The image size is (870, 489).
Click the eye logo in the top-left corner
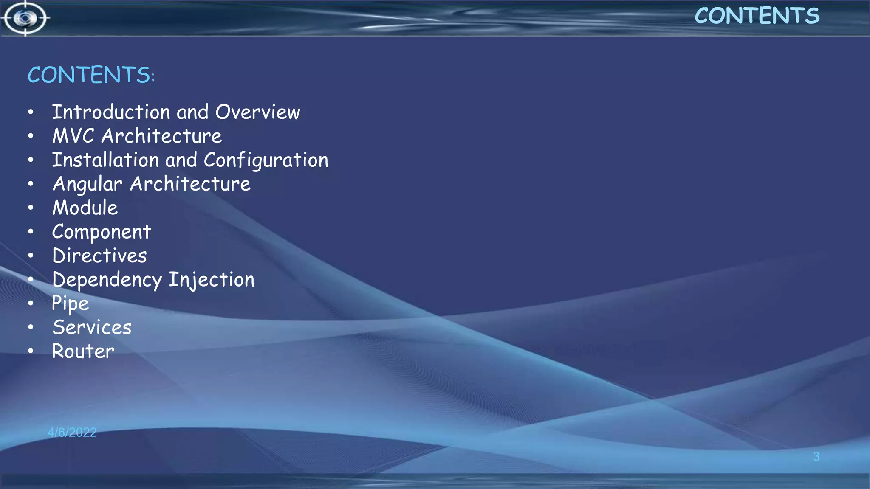(x=25, y=18)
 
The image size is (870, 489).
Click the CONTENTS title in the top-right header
(x=757, y=16)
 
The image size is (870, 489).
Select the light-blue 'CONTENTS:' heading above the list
(x=91, y=75)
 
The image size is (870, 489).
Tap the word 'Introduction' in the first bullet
(x=111, y=112)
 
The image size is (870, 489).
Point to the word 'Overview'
(x=257, y=112)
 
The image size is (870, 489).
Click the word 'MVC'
(x=73, y=136)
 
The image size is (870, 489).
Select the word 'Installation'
(x=105, y=160)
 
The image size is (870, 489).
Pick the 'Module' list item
(x=85, y=208)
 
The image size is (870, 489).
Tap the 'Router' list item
(x=83, y=351)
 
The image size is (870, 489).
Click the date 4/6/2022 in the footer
(x=72, y=433)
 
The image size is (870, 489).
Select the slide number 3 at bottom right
(x=816, y=457)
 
